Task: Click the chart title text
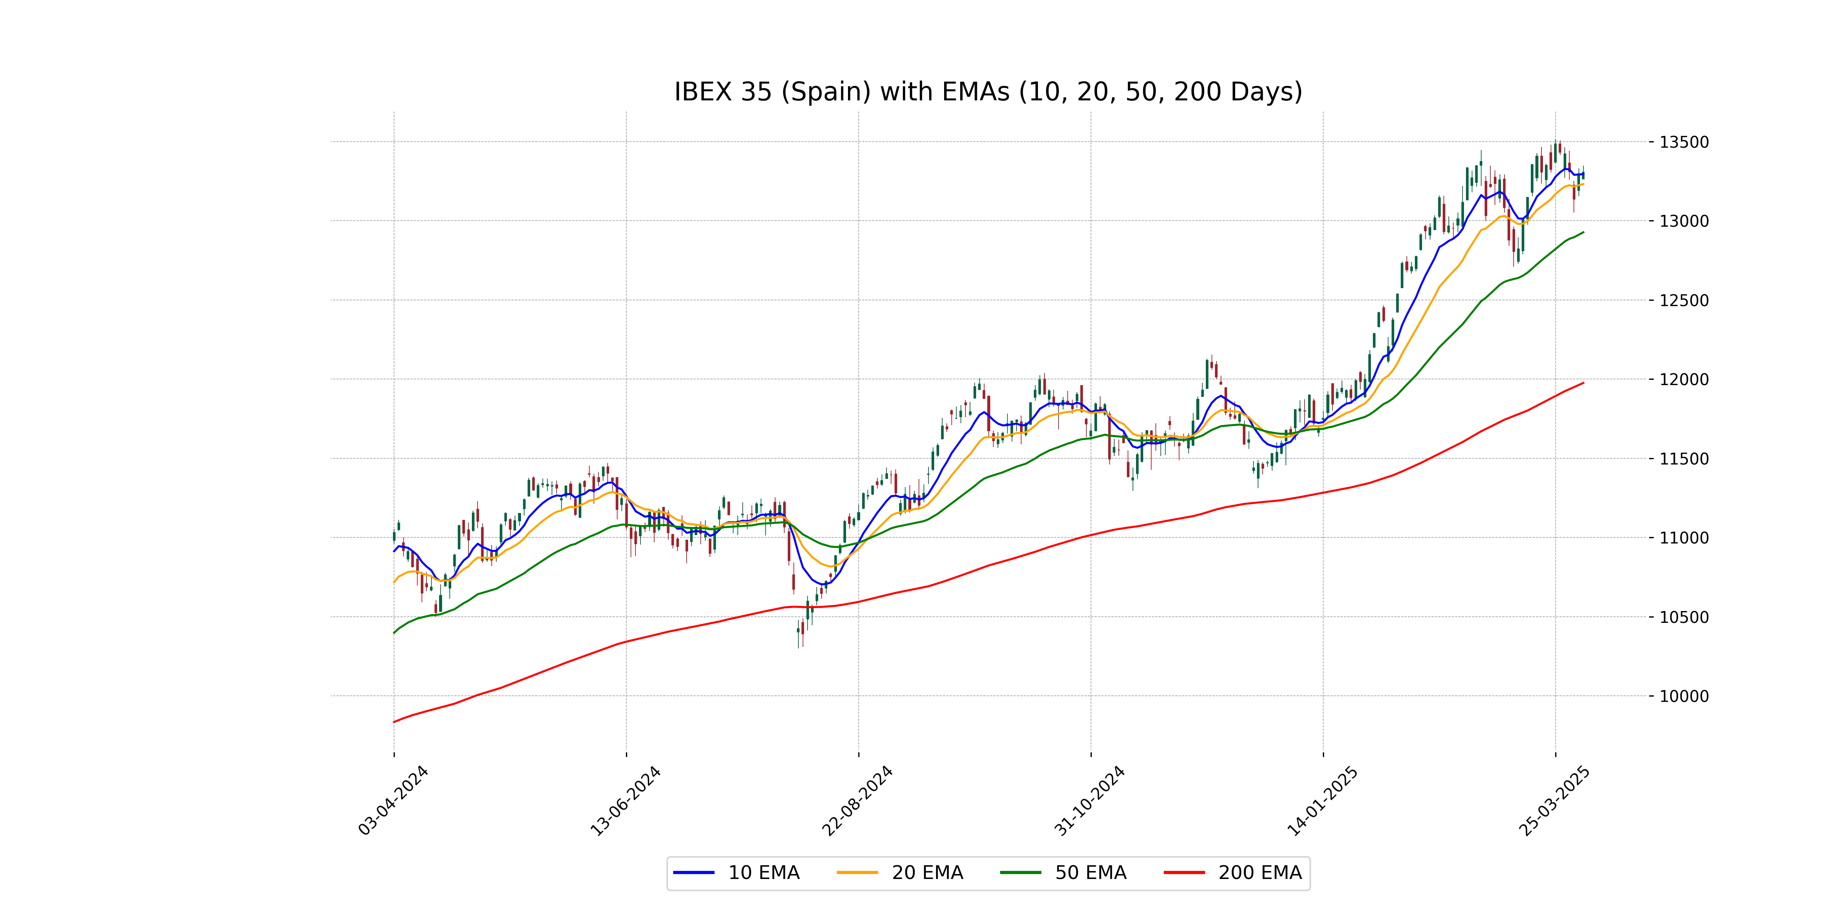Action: (988, 92)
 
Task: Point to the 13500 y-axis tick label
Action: (1684, 142)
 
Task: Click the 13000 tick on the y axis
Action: (1684, 221)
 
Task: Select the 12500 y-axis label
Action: (1684, 300)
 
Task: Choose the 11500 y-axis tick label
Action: (1684, 459)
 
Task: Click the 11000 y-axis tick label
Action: (1684, 538)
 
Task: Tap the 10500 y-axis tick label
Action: (1684, 617)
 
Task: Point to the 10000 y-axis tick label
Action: (1684, 696)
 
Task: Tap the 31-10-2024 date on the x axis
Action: (1090, 800)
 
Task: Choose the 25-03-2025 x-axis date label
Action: (1554, 800)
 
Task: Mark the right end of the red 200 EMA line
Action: (1583, 382)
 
